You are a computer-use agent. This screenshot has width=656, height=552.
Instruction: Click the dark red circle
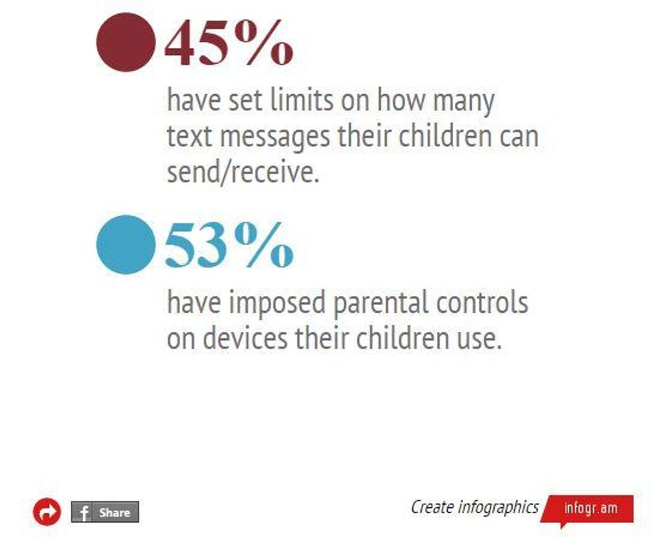click(x=126, y=42)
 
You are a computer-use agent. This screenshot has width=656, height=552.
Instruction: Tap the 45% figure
click(x=229, y=43)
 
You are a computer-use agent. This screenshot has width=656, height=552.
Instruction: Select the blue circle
click(x=126, y=245)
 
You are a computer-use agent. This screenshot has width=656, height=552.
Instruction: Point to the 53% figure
click(x=229, y=245)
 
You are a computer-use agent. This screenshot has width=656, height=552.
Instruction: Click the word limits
click(x=302, y=100)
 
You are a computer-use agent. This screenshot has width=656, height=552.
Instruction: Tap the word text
click(x=189, y=137)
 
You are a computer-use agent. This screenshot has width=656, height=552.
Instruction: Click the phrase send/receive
click(x=243, y=171)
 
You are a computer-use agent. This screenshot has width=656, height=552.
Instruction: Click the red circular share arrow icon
click(x=47, y=512)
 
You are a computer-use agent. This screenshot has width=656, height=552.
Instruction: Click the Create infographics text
click(x=475, y=508)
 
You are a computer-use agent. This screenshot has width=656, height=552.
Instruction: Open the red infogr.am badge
click(x=588, y=509)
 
